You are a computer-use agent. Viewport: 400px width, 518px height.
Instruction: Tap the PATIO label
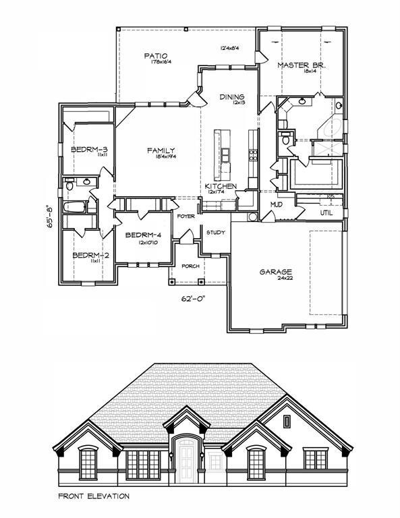click(155, 55)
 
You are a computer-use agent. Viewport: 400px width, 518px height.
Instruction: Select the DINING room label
click(231, 97)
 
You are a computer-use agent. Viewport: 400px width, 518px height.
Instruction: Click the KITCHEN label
click(221, 185)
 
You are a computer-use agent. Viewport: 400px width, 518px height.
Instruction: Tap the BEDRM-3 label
click(86, 149)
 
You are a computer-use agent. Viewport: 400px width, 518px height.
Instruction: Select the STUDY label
click(216, 233)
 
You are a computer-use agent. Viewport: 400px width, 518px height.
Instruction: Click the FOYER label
click(186, 217)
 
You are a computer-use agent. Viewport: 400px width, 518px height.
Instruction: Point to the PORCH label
click(191, 265)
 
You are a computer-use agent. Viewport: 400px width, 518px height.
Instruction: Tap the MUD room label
click(277, 204)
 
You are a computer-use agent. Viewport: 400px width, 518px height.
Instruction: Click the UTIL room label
click(327, 212)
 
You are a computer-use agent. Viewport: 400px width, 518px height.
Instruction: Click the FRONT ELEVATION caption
click(93, 496)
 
